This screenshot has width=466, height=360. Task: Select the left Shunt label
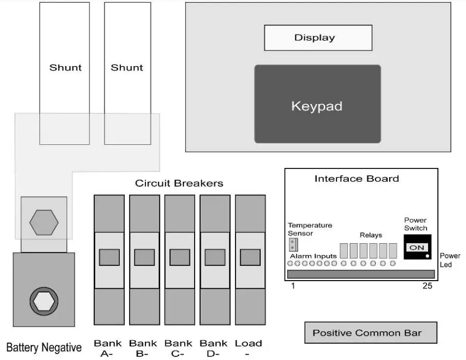tap(65, 68)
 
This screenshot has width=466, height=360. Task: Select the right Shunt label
tap(127, 68)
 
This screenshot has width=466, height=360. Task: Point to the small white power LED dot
tap(427, 255)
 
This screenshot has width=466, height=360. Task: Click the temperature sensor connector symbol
tap(293, 243)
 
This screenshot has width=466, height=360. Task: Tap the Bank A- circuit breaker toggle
tap(109, 257)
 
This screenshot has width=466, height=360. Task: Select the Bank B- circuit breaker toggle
tap(144, 257)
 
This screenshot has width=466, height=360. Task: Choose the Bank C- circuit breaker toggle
tap(180, 257)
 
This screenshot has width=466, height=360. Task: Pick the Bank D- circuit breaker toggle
tap(215, 257)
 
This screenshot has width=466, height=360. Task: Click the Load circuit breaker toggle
tap(250, 257)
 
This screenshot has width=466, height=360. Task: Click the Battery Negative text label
tap(44, 348)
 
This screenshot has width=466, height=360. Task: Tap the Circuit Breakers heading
tap(179, 183)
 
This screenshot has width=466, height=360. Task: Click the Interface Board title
tap(356, 179)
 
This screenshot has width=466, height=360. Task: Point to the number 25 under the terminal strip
tap(427, 286)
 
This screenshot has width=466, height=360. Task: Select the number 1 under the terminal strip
tap(293, 286)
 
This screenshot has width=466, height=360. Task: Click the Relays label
tap(371, 235)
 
